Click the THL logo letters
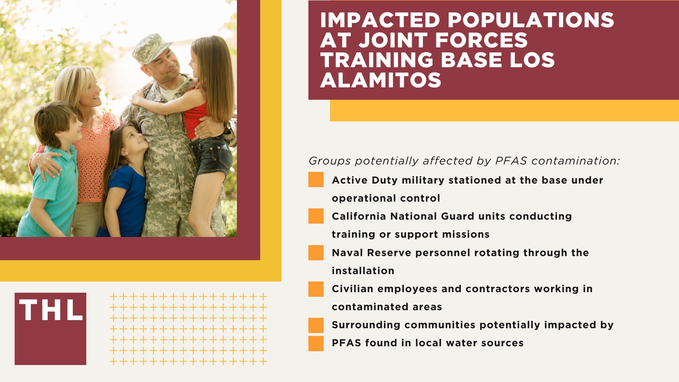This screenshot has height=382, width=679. coord(51,310)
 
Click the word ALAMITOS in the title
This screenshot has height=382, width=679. coord(381,80)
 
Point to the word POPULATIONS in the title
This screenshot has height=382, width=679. coord(530,20)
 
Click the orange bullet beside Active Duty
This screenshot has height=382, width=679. coord(316,180)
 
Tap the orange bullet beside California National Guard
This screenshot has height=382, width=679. coord(316,216)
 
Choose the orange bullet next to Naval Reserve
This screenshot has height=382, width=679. coord(316,253)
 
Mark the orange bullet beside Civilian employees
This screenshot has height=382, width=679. coord(316,289)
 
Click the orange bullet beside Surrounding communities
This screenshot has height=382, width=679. coord(316,325)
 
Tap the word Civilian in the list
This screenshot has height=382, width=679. coord(352,289)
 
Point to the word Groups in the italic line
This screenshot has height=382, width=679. coord(330,161)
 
